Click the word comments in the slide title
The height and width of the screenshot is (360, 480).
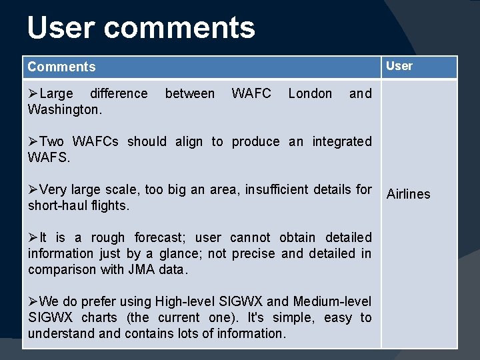pos(179,28)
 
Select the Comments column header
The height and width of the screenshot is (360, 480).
pos(61,67)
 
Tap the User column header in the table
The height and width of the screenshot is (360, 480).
pos(399,66)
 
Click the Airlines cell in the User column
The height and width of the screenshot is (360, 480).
pos(409,194)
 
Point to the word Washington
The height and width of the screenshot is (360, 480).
pos(65,109)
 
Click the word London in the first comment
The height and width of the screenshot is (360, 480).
pos(310,94)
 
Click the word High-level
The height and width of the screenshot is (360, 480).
pos(185,301)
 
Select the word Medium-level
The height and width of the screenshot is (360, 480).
pos(331,301)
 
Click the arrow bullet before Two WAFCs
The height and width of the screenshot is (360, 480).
pos(33,141)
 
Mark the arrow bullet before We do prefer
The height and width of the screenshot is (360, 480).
pos(33,301)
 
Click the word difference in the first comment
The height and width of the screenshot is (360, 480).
pos(119,94)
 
